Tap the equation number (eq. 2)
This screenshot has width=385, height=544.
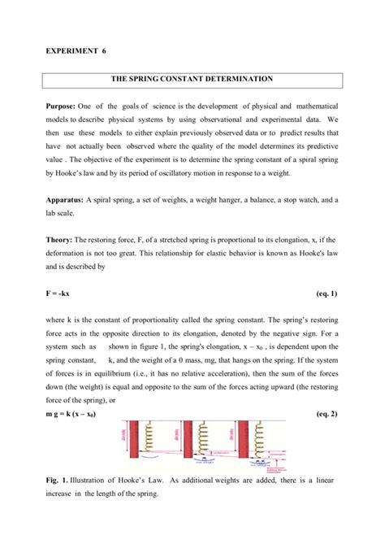click(x=326, y=415)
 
